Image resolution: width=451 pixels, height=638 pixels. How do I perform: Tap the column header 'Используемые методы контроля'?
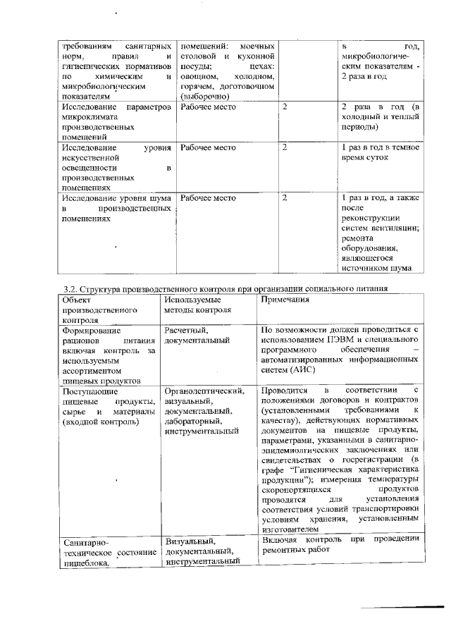pyautogui.click(x=192, y=305)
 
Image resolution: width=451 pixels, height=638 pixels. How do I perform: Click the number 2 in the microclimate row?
pyautogui.click(x=284, y=106)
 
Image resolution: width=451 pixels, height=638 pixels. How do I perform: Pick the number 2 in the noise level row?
pyautogui.click(x=284, y=198)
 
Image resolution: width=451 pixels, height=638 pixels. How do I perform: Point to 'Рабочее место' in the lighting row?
pyautogui.click(x=208, y=148)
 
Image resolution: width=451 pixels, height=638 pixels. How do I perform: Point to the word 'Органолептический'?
pyautogui.click(x=204, y=390)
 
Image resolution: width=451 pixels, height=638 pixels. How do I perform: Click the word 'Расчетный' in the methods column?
pyautogui.click(x=185, y=330)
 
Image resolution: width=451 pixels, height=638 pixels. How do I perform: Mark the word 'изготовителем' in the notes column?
pyautogui.click(x=290, y=530)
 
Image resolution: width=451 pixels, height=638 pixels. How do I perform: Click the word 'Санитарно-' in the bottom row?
pyautogui.click(x=87, y=544)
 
